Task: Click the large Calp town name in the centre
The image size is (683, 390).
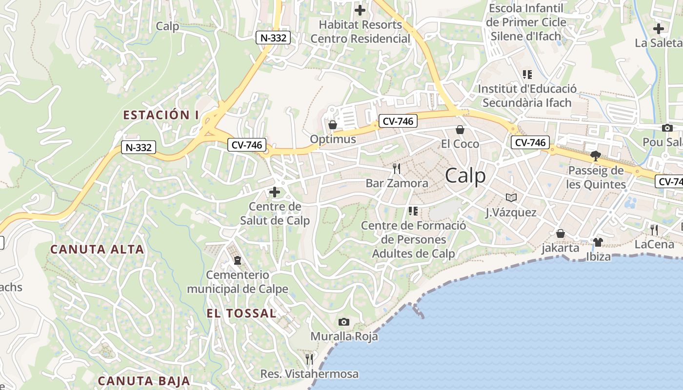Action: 465,175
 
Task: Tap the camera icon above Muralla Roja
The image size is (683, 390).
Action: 344,322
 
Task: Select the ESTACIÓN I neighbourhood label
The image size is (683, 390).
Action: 161,115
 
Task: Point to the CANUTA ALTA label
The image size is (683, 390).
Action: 98,249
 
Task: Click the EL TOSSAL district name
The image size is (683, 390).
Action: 241,313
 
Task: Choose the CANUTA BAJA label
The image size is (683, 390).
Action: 144,381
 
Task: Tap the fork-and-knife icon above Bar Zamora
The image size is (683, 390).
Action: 397,169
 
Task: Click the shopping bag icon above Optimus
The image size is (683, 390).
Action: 333,125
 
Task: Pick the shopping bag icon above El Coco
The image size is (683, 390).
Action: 460,130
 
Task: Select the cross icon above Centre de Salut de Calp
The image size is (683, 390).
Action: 275,192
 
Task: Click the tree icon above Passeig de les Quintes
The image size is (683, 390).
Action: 595,156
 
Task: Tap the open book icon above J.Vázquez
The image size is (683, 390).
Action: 511,197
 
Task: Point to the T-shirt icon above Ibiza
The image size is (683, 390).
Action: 598,242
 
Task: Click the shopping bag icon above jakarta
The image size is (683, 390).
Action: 561,234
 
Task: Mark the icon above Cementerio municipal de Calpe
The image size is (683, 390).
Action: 238,260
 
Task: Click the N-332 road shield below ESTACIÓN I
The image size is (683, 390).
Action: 139,147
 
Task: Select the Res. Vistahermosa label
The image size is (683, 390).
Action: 309,374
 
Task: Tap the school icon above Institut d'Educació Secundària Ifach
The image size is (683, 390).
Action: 527,75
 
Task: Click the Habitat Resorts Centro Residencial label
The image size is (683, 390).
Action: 361,31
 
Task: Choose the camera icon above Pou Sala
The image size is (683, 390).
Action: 667,128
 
